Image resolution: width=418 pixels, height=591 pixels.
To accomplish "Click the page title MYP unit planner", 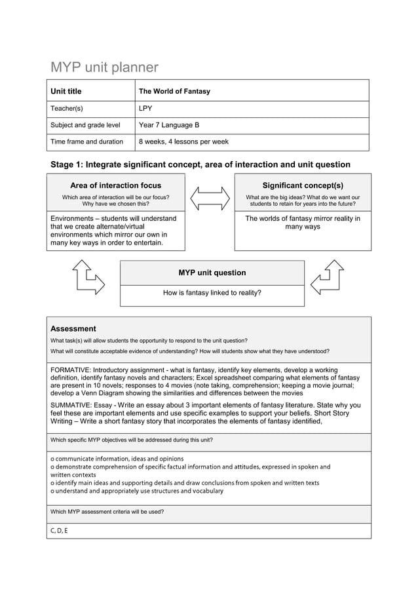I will pyautogui.click(x=105, y=67).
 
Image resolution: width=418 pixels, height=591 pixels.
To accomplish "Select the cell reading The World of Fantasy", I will pyautogui.click(x=174, y=91).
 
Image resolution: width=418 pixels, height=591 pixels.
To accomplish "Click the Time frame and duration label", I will pyautogui.click(x=87, y=142).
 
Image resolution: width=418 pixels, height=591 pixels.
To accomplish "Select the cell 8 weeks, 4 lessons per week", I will pyautogui.click(x=184, y=142).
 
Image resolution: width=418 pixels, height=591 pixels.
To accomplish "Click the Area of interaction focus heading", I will pyautogui.click(x=115, y=185).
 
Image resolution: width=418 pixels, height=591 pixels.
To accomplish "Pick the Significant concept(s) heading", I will pyautogui.click(x=302, y=185).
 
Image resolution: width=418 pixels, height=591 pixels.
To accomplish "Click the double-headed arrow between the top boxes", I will pyautogui.click(x=209, y=198).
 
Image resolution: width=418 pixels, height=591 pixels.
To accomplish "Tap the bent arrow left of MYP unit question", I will pyautogui.click(x=88, y=278).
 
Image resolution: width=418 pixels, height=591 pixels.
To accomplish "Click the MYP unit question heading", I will pyautogui.click(x=212, y=273).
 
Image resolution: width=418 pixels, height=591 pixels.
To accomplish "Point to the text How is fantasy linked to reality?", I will pyautogui.click(x=212, y=293).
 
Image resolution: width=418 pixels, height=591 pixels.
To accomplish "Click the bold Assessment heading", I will pyautogui.click(x=73, y=329).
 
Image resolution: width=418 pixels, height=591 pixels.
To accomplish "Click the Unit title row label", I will pyautogui.click(x=66, y=91).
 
